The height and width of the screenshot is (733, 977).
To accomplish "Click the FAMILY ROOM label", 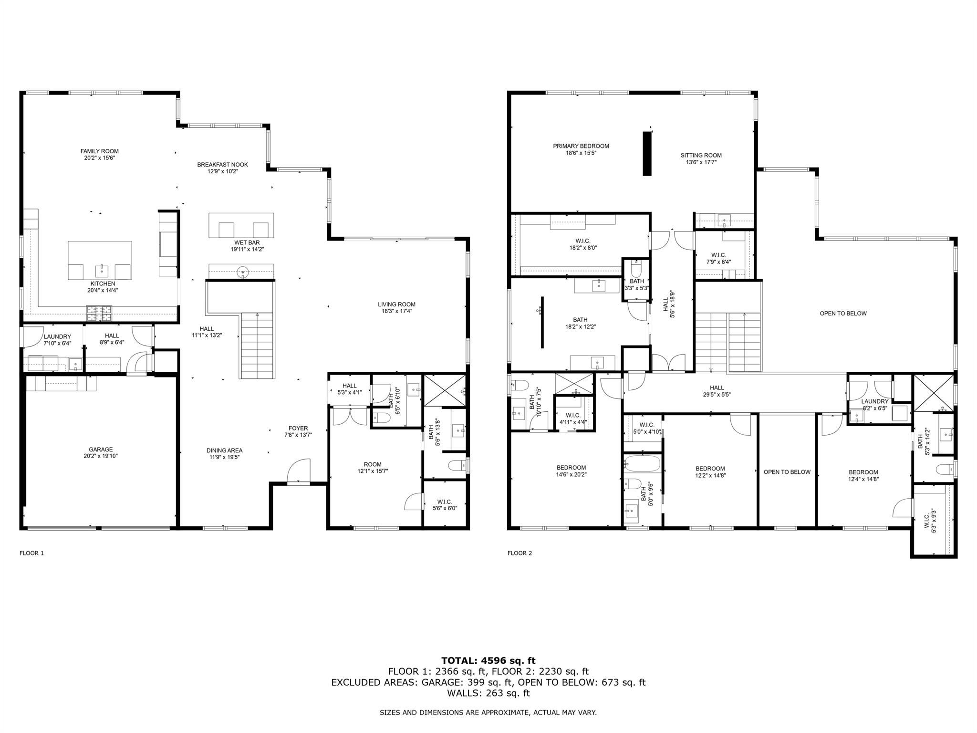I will pos(99,151).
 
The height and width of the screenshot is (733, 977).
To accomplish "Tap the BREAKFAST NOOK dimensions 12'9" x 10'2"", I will pos(223,171).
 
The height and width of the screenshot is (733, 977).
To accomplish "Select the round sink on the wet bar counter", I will pos(243,272).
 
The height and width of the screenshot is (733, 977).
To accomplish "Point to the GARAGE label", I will pos(101,449).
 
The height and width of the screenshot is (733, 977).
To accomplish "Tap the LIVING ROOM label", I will pos(396,304).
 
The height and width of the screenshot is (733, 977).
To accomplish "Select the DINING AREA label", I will pos(224,450).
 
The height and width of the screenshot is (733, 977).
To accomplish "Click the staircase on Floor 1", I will pos(258,346).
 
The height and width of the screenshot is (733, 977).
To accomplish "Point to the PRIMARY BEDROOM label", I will pos(581,146).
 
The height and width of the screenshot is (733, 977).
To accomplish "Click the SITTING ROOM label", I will pos(701,155).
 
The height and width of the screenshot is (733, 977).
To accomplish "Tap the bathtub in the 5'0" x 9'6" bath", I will pos(642,463).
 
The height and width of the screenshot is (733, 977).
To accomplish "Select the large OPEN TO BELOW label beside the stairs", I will pos(843,314).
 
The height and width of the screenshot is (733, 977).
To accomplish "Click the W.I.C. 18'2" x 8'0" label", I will pos(583,241).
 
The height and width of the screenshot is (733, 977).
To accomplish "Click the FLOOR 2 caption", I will pos(520,553).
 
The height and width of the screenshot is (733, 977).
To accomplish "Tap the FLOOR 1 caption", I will pos(31,553).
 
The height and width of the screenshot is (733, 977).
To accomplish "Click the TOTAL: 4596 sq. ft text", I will pos(488,660).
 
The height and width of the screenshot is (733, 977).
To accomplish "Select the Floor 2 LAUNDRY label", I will pos(874,401).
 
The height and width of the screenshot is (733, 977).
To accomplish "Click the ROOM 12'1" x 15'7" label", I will pos(373,464).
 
